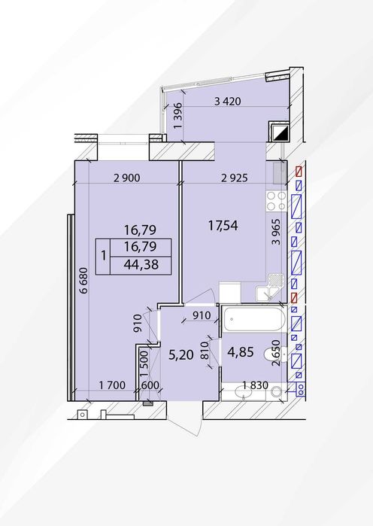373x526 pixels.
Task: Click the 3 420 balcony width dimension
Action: (228, 102)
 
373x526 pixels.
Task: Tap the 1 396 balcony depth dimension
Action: (178, 115)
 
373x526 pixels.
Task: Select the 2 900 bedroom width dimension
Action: (126, 178)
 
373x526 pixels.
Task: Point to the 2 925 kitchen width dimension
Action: (235, 178)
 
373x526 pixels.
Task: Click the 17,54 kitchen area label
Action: (223, 226)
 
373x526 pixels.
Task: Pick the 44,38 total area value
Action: (141, 265)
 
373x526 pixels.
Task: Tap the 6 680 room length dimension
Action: (83, 281)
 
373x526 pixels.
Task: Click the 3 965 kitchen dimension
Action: (276, 232)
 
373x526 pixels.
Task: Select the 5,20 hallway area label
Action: (181, 354)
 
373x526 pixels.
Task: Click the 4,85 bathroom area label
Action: (241, 352)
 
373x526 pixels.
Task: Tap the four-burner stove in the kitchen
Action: (276, 201)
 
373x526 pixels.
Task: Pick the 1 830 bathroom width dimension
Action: (256, 386)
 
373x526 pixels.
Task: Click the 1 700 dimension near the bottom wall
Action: (112, 385)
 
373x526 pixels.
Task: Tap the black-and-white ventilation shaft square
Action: (278, 132)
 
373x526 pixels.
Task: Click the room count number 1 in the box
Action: (104, 257)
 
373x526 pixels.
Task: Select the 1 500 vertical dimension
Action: (144, 363)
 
